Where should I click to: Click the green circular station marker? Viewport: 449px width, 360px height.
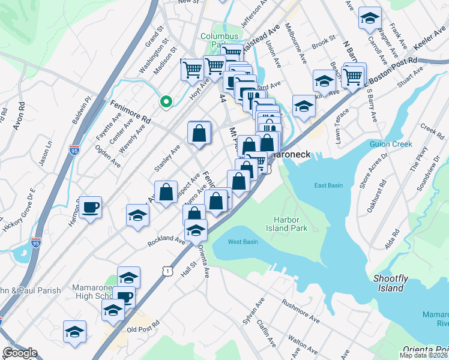coord(166,101)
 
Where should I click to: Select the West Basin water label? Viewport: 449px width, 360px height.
coord(243,242)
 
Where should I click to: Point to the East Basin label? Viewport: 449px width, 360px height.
coord(328,185)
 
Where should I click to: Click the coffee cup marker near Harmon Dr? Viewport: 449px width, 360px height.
coord(91,208)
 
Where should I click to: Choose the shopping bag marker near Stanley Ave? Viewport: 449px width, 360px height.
coord(199,133)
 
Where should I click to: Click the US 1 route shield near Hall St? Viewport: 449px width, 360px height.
coord(167,272)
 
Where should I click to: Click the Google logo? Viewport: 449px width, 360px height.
coord(20,353)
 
